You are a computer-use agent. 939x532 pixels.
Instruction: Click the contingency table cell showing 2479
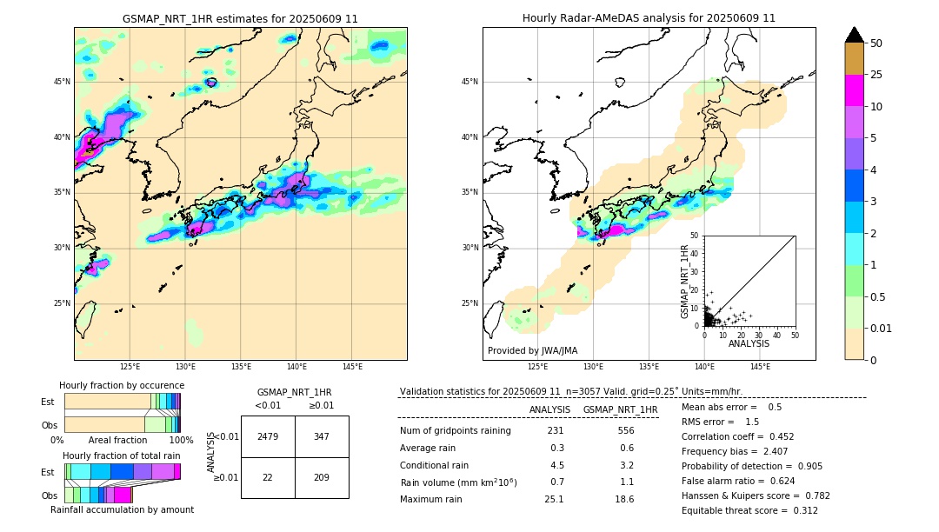268,436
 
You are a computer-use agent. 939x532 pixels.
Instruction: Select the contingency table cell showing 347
322,436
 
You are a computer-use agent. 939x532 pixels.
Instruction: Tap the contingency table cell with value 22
268,477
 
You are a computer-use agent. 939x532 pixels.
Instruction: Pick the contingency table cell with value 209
322,477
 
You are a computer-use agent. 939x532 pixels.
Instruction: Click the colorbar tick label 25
876,76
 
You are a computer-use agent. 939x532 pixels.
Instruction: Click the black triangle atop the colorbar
855,35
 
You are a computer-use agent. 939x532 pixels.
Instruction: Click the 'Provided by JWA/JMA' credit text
532,351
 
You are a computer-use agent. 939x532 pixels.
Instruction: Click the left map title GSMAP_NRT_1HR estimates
240,18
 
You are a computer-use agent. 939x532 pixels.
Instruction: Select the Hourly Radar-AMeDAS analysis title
649,18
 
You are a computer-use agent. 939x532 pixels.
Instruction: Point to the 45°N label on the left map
62,82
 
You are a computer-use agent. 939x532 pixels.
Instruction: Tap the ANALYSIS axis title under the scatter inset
749,343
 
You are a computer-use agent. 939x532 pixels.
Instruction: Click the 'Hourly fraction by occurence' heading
122,385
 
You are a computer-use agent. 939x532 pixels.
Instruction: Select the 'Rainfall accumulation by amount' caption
122,510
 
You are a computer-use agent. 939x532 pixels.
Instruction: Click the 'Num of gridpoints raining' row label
455,431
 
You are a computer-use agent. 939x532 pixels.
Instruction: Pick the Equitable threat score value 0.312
800,511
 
